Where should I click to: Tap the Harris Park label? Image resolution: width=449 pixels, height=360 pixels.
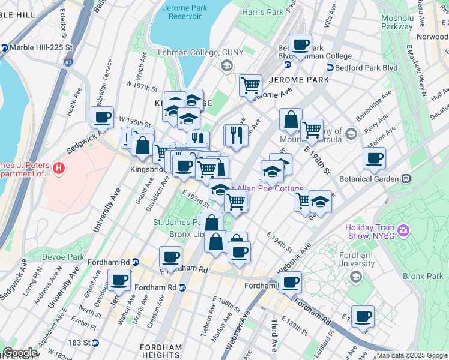tap(262, 12)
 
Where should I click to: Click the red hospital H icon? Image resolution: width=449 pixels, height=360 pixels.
tap(58, 169)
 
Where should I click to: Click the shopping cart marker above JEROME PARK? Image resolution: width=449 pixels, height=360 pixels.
tap(250, 85)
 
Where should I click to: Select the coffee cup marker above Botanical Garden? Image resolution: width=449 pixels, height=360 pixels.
tap(374, 158)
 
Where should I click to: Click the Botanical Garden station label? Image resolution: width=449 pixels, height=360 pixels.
tap(369, 179)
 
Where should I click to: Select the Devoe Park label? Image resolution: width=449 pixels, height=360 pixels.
tap(63, 257)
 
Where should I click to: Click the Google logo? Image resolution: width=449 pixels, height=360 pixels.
tap(20, 353)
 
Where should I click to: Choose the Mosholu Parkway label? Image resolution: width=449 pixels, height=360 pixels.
tap(397, 22)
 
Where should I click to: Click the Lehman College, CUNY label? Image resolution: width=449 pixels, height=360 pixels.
tap(200, 52)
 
